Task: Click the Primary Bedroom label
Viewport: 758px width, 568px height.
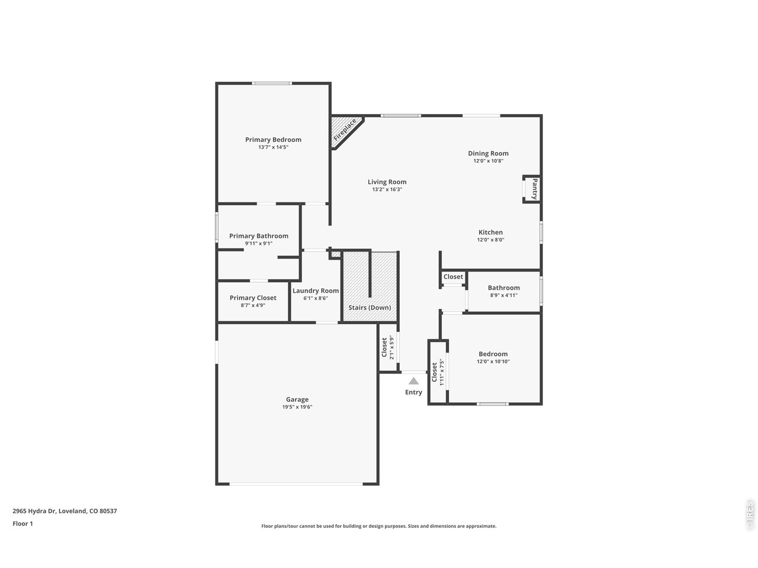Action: (273, 140)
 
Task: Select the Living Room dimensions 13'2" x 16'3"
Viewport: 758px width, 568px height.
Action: (387, 189)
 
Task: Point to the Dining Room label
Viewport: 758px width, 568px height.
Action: (488, 153)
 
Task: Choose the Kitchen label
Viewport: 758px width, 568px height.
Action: (490, 233)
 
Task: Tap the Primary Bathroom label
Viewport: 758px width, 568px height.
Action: (259, 235)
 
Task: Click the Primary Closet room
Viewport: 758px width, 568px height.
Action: (253, 301)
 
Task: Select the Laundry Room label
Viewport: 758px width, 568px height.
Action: (316, 291)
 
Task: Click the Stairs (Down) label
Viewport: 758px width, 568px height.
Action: (370, 308)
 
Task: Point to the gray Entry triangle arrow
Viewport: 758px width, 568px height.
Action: (413, 381)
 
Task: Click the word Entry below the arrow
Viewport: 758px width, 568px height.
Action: (413, 392)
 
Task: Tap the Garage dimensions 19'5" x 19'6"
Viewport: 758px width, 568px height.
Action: (297, 407)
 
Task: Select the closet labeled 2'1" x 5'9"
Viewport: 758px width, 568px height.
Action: (387, 347)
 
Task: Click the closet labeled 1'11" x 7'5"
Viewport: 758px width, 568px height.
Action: (437, 373)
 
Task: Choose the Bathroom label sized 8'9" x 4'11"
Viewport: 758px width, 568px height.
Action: (503, 288)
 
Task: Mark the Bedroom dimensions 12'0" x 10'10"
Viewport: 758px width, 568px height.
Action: (493, 362)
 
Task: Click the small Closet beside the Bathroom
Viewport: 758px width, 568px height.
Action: (453, 277)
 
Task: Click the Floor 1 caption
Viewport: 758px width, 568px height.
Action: (23, 524)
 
